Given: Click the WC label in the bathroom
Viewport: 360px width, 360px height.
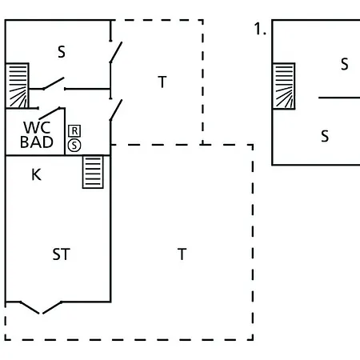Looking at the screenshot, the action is tap(37, 127).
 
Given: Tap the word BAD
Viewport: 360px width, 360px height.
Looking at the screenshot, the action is tap(37, 142).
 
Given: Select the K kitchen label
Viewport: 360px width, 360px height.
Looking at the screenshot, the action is tap(36, 175).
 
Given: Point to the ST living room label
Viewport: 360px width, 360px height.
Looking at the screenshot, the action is tap(61, 254).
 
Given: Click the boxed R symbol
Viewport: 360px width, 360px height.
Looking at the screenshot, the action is tap(74, 131).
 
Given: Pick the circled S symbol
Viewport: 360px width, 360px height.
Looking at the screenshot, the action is tap(74, 146).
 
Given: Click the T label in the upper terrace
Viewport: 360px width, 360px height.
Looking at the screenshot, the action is tap(162, 82).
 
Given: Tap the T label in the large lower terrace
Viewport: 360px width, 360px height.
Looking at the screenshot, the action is tap(182, 254).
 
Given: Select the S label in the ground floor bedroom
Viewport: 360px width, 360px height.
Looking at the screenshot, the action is tap(62, 52).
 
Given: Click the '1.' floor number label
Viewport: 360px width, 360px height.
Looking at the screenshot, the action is tap(260, 29).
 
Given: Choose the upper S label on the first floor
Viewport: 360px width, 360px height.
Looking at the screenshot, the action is tap(345, 64).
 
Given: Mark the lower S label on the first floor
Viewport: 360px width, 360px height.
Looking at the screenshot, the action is tap(325, 136).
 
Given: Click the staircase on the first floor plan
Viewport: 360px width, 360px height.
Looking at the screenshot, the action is tap(284, 86).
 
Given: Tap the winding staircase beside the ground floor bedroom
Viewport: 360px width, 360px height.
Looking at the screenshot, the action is tap(17, 86).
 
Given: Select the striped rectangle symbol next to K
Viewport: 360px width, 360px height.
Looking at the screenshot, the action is tap(93, 172).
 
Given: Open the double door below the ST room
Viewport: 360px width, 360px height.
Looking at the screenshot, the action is tap(41, 307).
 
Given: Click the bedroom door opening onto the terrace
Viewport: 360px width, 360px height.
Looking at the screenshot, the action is tap(116, 52).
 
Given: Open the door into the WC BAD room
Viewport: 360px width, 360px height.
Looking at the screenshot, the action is tap(50, 113).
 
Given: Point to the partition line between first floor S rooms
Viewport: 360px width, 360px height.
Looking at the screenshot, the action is tap(339, 98).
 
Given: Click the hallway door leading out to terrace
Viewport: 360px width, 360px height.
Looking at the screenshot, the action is tap(116, 110).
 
